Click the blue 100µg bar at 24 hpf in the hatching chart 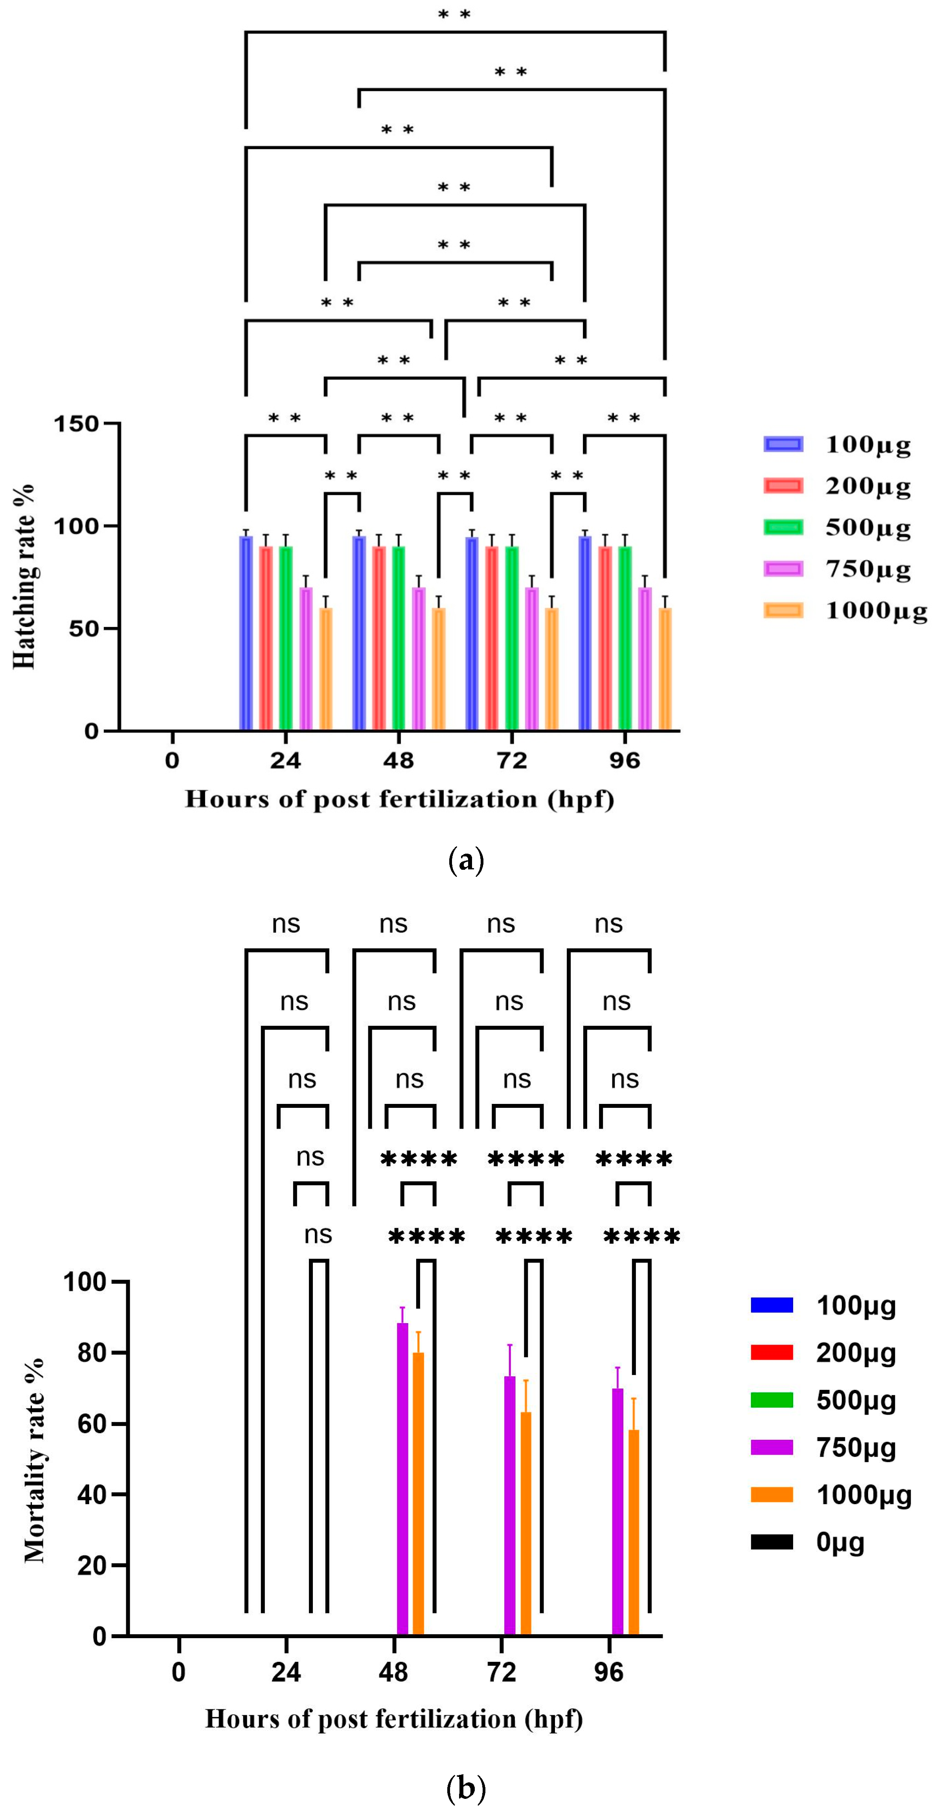tap(246, 633)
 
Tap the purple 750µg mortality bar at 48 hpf tap(403, 1478)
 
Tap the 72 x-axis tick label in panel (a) tap(512, 761)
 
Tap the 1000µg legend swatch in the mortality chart tap(772, 1495)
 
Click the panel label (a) tap(466, 860)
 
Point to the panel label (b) tap(466, 1788)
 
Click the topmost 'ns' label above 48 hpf tap(393, 924)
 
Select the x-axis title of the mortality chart tap(394, 1719)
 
